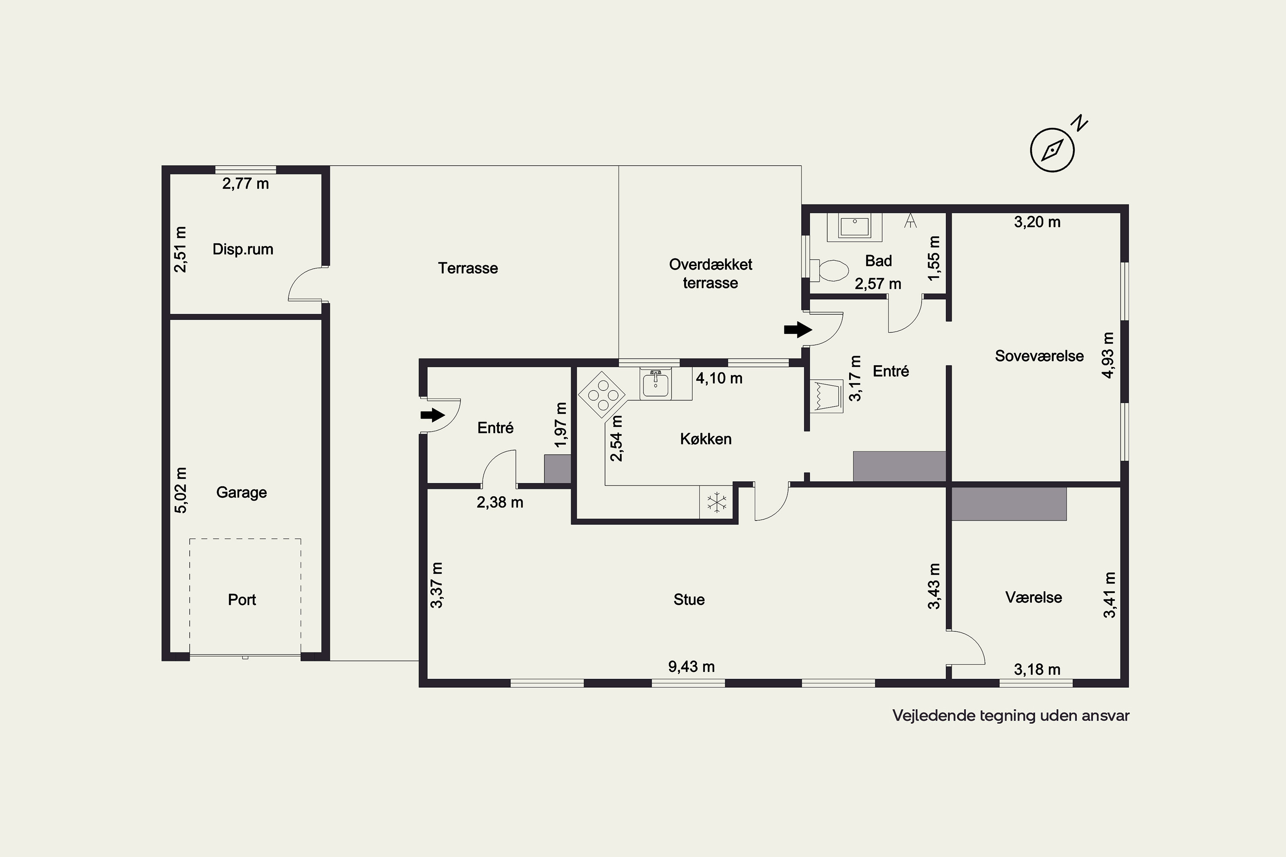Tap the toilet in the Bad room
[829, 270]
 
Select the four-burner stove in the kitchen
[602, 395]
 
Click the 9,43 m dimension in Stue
[691, 667]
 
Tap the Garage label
[242, 492]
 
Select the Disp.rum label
[243, 249]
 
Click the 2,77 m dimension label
[246, 184]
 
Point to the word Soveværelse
[1039, 356]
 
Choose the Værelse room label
[1034, 597]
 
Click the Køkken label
[705, 439]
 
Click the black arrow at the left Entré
[433, 415]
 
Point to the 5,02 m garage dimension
[180, 490]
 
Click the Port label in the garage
[242, 599]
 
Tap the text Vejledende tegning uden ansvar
[1011, 716]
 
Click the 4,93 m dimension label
[1108, 355]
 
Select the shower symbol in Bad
[910, 220]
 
